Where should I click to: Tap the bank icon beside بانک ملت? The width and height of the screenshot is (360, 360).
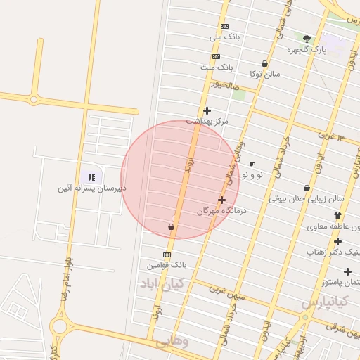215,57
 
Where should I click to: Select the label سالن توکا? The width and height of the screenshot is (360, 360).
265,73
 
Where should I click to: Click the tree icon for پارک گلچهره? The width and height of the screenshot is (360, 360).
307,39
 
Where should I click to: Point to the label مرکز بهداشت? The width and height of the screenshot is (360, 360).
207,121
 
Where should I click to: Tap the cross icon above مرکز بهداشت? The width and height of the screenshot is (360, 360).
207,110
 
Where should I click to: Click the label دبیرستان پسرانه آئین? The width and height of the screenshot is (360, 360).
92,188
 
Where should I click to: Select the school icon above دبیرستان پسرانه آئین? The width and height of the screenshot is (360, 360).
91,177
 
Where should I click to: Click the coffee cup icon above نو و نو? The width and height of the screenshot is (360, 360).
252,164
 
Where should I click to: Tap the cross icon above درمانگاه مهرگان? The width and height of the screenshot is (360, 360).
222,200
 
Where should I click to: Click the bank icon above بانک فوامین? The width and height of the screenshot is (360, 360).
167,255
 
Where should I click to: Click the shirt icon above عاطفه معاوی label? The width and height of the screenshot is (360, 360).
337,216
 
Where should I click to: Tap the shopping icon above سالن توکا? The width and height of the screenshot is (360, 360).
264,63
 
